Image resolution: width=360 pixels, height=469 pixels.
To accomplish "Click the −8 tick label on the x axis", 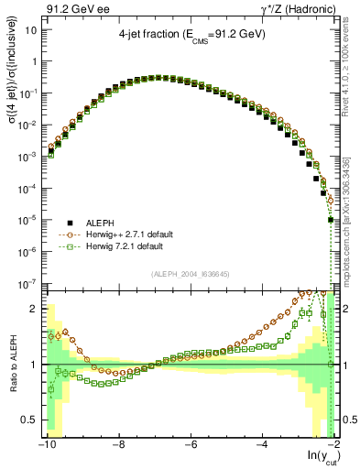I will pyautogui.click(x=117, y=445).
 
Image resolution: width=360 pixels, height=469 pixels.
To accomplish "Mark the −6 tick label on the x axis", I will pyautogui.click(x=189, y=445).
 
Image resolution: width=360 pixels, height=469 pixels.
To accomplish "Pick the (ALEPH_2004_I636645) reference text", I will pyautogui.click(x=190, y=276).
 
